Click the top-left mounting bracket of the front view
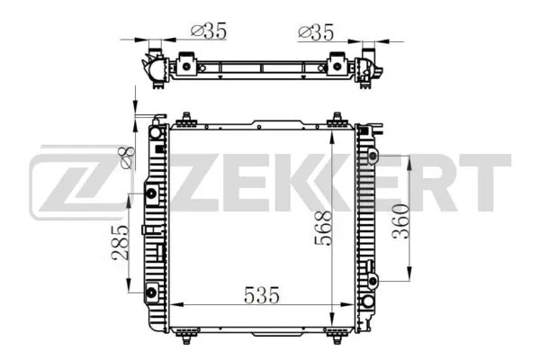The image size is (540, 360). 186,121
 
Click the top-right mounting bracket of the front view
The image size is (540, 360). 338,121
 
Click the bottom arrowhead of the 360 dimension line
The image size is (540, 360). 410,277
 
